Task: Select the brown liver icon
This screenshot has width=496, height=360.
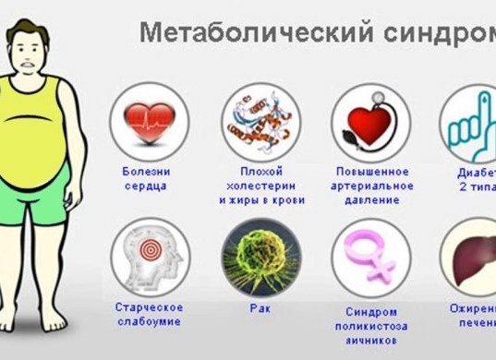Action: [473, 256]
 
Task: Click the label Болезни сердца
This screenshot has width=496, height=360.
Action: [145, 178]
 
